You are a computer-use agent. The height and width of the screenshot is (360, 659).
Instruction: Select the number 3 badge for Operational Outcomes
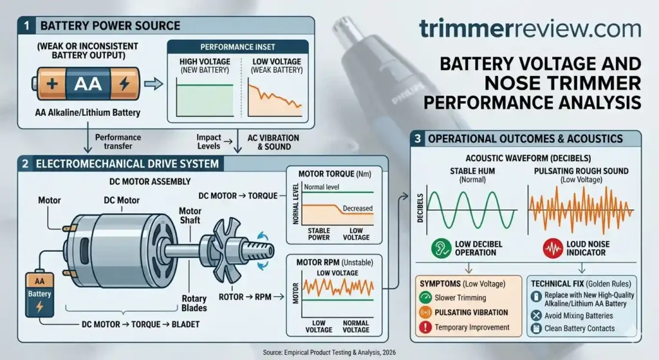click(418, 138)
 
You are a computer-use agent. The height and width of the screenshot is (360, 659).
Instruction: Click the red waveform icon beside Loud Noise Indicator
click(549, 247)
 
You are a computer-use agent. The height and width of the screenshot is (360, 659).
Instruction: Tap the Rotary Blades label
click(194, 303)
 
